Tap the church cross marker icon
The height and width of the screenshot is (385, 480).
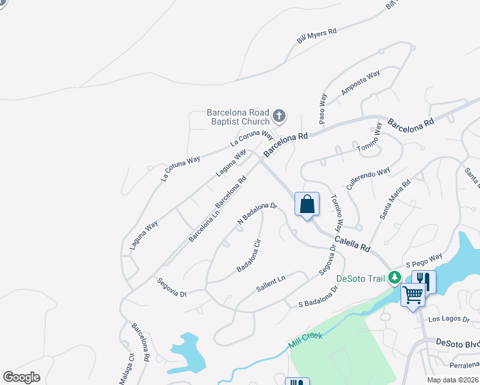(x=279, y=116)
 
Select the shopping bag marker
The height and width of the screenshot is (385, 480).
(x=307, y=205)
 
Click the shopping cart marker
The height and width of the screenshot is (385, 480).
(x=413, y=295)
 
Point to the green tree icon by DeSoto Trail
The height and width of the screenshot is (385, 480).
(x=395, y=278)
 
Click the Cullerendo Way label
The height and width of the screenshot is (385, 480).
(x=368, y=178)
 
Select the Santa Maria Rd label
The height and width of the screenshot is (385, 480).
(x=395, y=200)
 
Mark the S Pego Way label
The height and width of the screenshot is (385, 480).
(x=424, y=262)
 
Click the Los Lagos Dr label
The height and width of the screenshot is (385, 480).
(x=449, y=319)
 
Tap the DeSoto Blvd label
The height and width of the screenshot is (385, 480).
(x=458, y=343)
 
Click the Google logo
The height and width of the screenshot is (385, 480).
(x=21, y=377)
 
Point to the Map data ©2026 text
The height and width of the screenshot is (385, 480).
(x=452, y=380)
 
